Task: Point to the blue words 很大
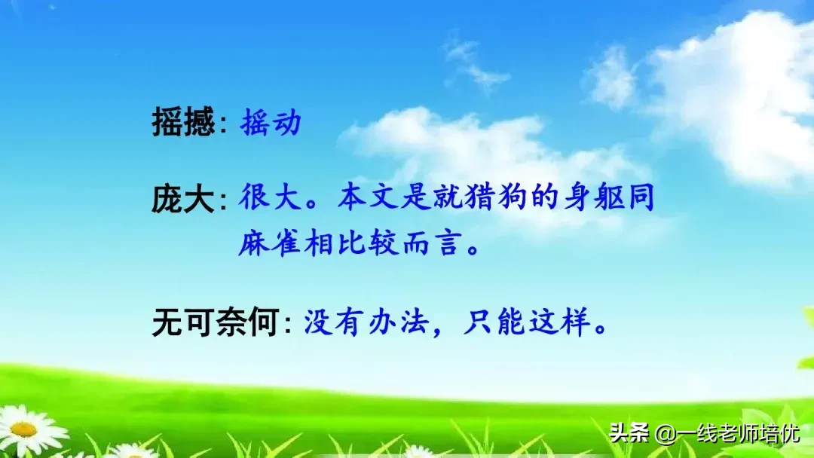(x=271, y=199)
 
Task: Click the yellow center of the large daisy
(x=23, y=429)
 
